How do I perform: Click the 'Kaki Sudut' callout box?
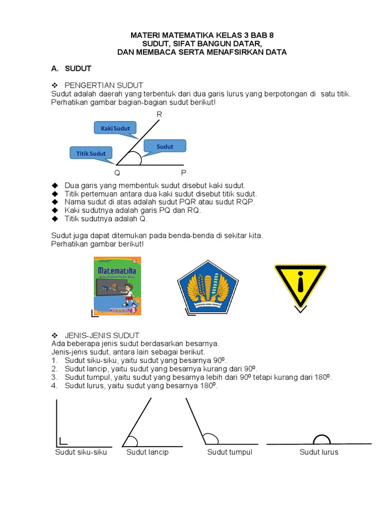coord(115,128)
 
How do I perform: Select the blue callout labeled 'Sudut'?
coord(165,146)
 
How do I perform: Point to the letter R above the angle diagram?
coord(159,114)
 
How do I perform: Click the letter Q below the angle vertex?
coord(117,173)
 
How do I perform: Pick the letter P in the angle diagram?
coord(184,173)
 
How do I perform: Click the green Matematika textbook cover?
coord(117,286)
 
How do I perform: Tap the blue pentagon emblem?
coord(208,287)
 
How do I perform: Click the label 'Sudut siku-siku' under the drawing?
coord(81,452)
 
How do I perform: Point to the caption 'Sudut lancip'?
coord(147,452)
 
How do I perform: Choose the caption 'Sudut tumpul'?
coord(230,452)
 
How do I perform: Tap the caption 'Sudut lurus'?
coord(319,452)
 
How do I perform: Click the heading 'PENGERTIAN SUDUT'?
coord(104,86)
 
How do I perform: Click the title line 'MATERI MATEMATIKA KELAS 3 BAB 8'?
coord(201,36)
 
